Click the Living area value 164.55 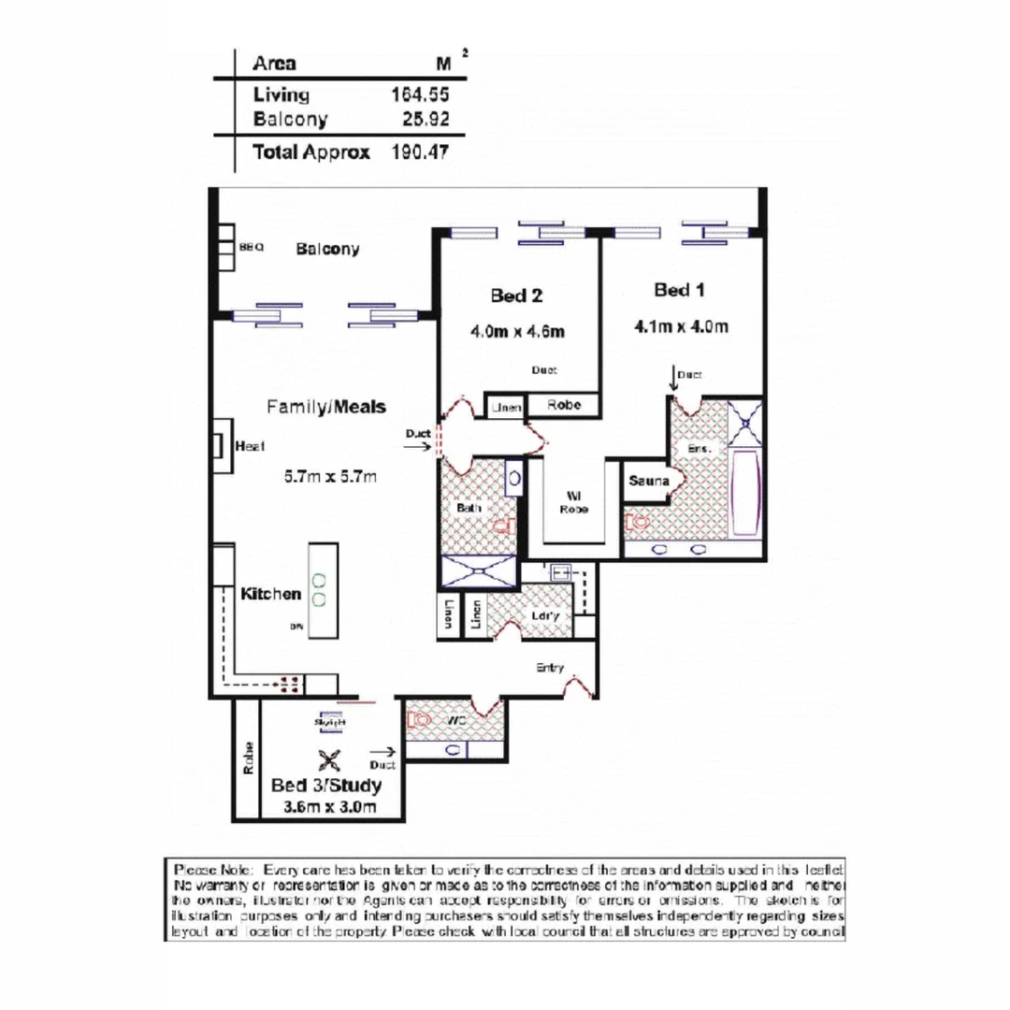point(418,94)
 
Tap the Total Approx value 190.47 point(418,152)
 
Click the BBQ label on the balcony point(252,249)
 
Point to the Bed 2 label point(516,296)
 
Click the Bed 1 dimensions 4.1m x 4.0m point(680,327)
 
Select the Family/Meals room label point(325,408)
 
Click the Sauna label point(648,481)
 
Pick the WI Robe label point(573,502)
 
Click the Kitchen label point(271,594)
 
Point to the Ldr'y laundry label point(545,616)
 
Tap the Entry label point(550,668)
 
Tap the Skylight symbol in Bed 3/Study point(331,723)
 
